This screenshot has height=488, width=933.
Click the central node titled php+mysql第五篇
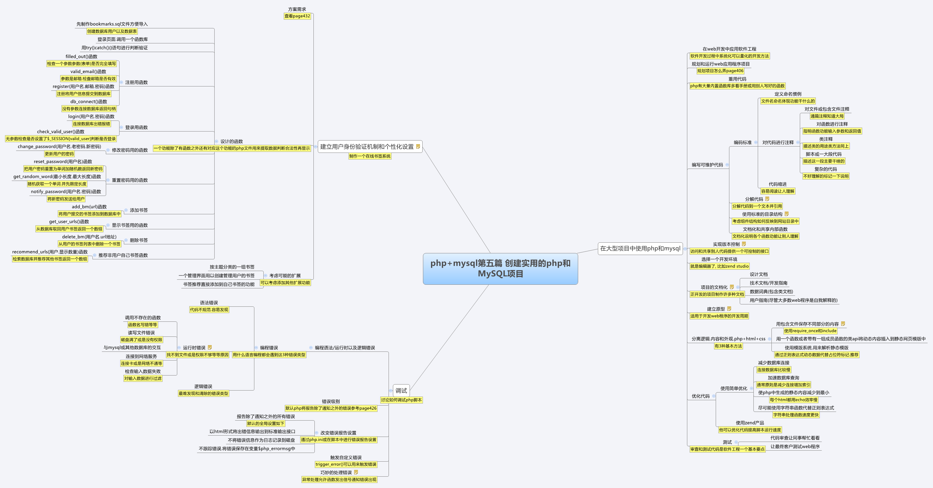click(500, 268)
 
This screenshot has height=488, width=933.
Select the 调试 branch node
click(401, 391)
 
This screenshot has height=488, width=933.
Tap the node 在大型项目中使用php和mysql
click(640, 249)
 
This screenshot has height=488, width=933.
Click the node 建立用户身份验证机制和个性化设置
click(367, 147)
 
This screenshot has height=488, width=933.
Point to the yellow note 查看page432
click(297, 16)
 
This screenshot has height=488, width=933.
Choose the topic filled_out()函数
click(81, 56)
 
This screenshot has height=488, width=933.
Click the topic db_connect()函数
click(89, 102)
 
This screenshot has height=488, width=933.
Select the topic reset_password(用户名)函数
click(63, 162)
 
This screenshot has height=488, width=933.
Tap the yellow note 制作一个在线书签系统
click(370, 156)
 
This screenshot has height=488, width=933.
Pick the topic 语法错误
click(209, 303)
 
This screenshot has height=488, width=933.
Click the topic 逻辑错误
click(203, 387)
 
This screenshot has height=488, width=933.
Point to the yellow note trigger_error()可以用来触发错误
click(346, 464)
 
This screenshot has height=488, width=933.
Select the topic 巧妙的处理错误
click(336, 473)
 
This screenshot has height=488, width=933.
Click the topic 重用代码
click(737, 79)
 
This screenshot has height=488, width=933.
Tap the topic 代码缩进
click(778, 184)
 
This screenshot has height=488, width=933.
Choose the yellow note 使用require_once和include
click(810, 331)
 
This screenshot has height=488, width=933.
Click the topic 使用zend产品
click(750, 423)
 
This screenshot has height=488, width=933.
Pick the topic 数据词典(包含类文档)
click(771, 292)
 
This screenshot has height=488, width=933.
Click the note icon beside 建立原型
click(729, 309)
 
